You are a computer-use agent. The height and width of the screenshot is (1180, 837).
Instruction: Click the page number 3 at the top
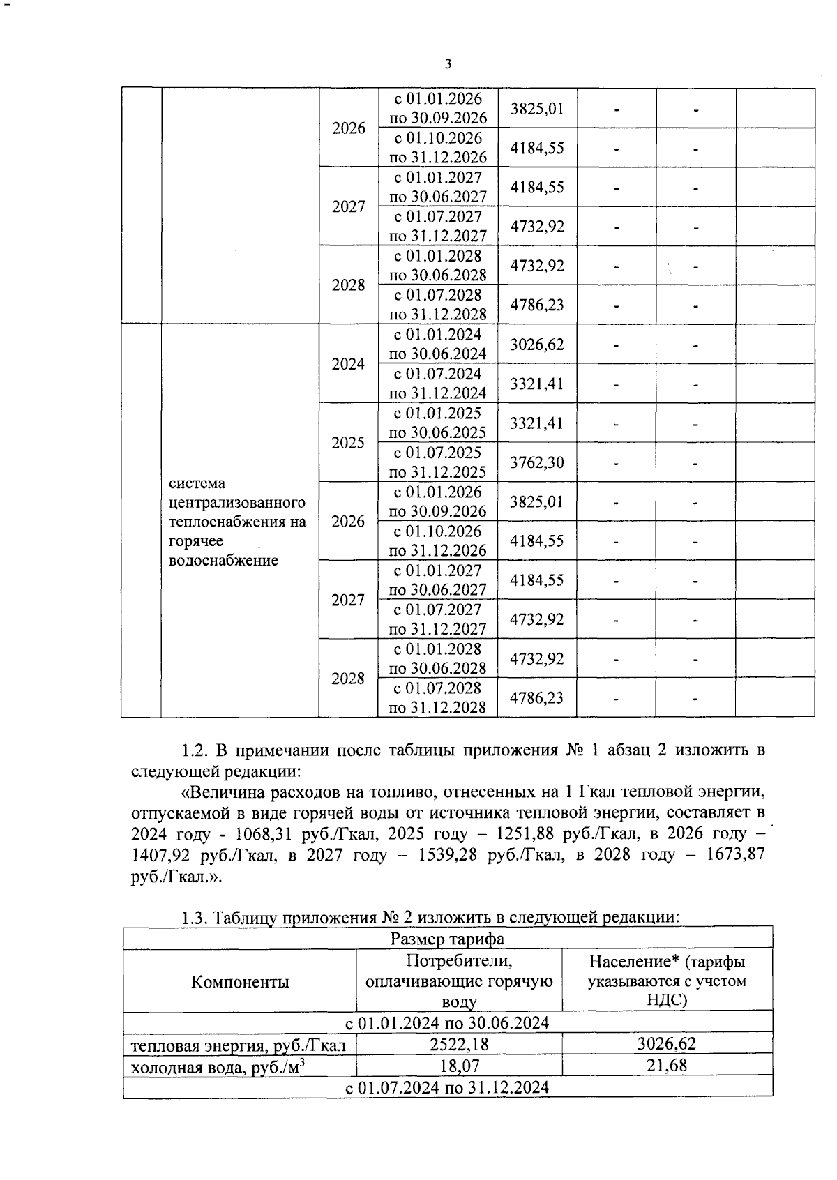pos(448,64)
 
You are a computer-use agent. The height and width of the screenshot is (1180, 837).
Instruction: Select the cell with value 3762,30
pos(537,462)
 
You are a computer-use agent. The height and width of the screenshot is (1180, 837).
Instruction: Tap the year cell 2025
pos(348,443)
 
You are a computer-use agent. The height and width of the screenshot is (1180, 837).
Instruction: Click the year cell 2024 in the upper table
pos(348,364)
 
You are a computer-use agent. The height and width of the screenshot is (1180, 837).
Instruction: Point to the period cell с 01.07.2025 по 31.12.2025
pos(437,462)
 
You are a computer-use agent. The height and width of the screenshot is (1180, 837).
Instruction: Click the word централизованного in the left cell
pos(237,503)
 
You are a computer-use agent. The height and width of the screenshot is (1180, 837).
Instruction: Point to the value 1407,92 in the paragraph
pos(160,855)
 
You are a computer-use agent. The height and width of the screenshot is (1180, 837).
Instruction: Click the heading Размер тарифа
pos(448,939)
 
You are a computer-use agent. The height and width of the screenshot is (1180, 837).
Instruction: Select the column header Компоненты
pos(240,982)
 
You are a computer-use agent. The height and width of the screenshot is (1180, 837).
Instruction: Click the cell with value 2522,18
pos(459,1044)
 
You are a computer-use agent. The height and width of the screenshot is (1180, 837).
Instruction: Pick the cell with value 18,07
pos(459,1066)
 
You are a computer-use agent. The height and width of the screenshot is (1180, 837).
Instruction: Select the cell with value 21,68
pos(667,1066)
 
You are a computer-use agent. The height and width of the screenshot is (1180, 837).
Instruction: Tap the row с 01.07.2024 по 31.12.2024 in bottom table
pos(448,1087)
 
